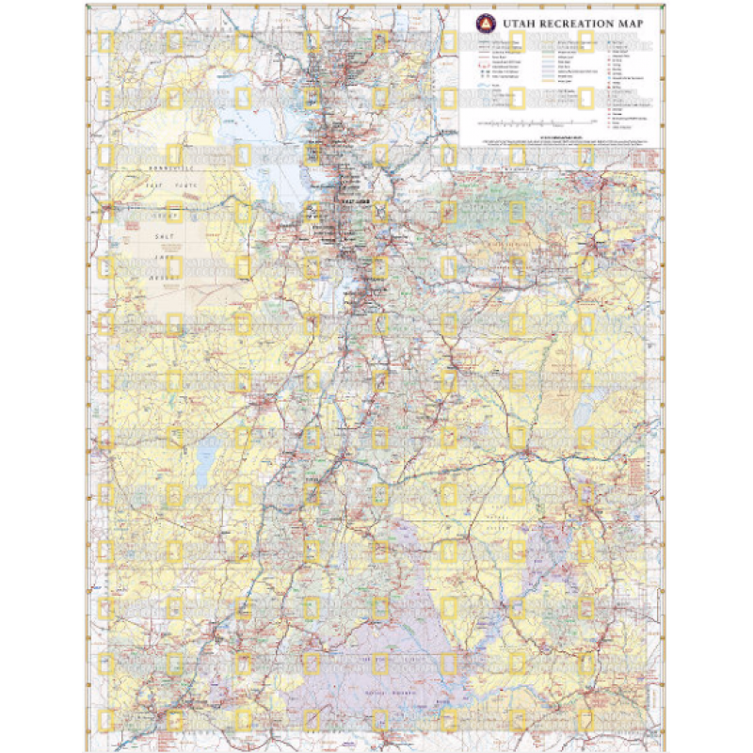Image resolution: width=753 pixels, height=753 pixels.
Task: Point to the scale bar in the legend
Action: (537, 123)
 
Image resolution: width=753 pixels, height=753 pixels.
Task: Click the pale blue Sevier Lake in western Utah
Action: (205, 461)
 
